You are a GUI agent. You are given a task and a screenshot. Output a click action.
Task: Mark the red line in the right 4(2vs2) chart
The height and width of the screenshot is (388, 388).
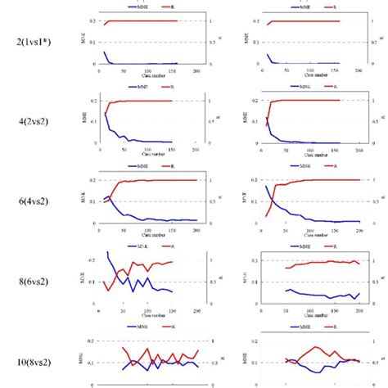311,101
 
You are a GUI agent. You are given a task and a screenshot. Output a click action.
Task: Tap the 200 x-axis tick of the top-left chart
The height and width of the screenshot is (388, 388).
196,70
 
